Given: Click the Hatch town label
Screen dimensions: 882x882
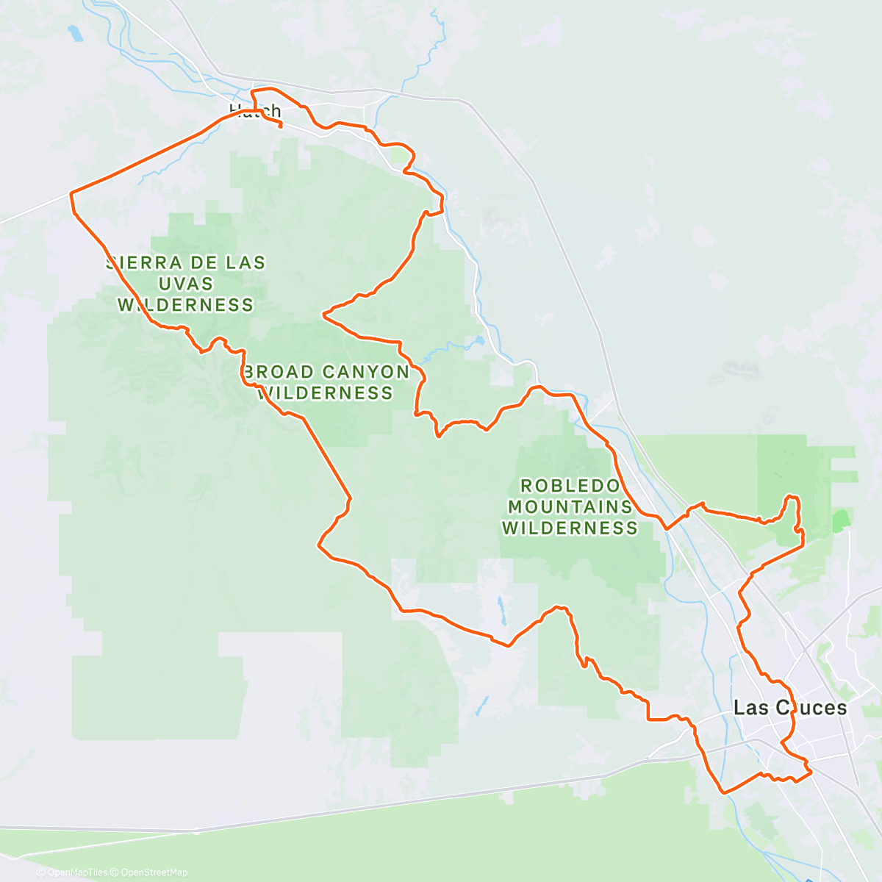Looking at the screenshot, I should click(254, 111).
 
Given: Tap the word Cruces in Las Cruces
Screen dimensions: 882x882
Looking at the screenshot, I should click(811, 708).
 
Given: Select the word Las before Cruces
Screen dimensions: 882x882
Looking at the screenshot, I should click(751, 708).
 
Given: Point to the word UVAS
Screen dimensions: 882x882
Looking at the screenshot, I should click(185, 284).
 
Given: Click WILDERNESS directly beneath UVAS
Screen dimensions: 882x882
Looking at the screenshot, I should click(185, 305).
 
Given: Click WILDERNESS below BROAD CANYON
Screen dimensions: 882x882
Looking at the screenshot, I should click(326, 393).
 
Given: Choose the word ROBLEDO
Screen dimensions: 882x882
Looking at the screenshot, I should click(570, 486).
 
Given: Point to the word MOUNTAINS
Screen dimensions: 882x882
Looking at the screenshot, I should click(570, 507).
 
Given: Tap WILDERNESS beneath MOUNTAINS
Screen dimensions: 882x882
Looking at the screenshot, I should click(570, 528).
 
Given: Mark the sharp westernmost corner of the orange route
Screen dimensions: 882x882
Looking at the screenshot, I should click(71, 193).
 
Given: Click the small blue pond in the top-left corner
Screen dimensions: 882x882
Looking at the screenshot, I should click(74, 34).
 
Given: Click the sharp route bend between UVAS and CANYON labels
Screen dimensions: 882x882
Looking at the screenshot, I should click(323, 315).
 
